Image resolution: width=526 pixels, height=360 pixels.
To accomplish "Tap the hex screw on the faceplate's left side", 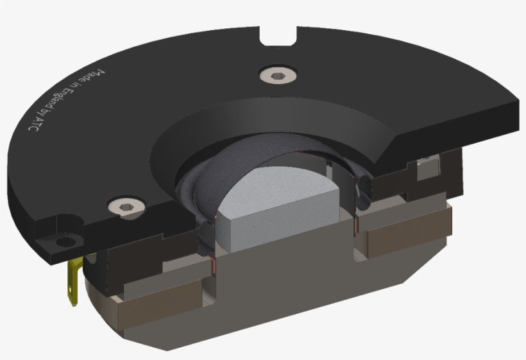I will click(125, 205).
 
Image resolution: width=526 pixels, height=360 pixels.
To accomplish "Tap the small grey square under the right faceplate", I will click(425, 171).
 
